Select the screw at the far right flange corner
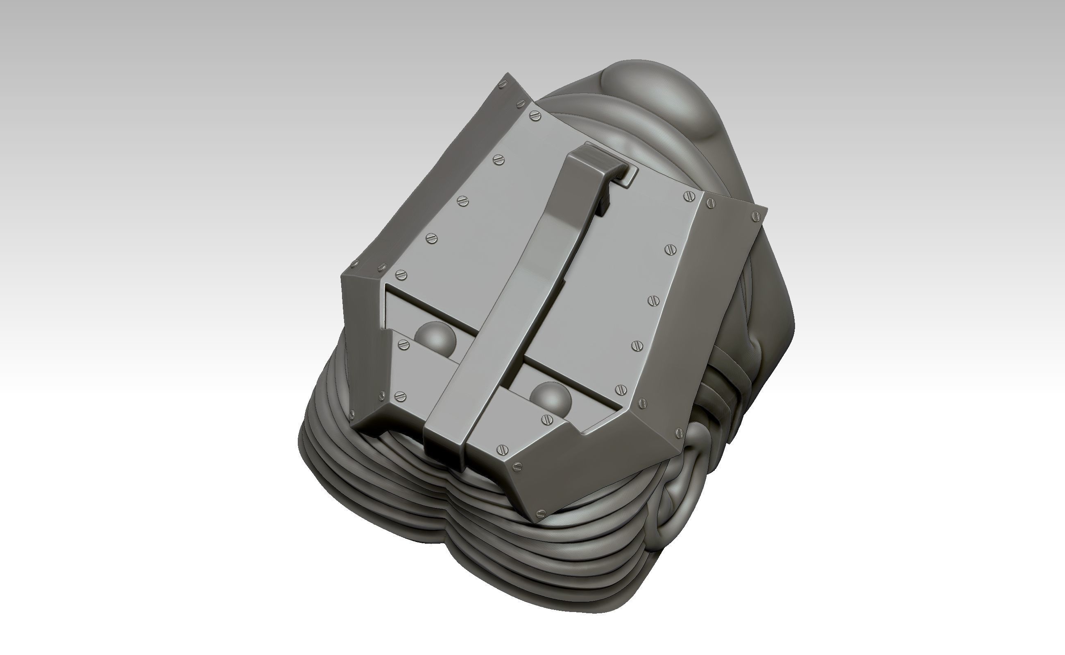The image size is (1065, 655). pos(757,215)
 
